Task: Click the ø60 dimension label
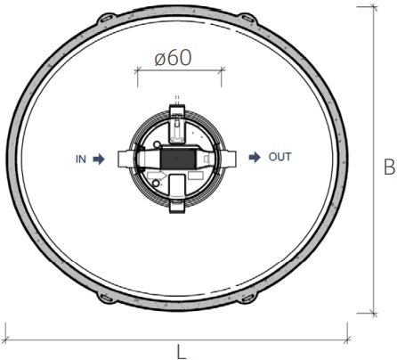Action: coord(173,58)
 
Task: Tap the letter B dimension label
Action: coord(389,167)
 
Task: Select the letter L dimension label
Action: coord(182,351)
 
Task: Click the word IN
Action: coord(81,160)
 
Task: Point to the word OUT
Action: coord(280,157)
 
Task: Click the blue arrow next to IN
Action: coord(99,160)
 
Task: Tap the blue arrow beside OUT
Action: coord(255,157)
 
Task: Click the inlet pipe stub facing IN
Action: coord(126,159)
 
